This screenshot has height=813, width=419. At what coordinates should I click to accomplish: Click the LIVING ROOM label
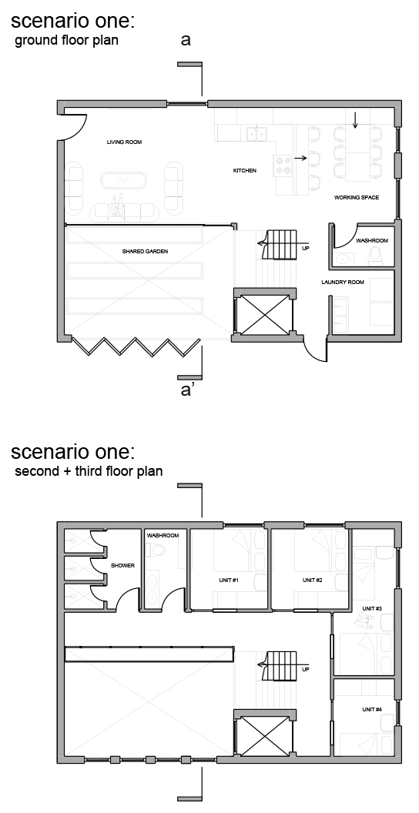point(125,142)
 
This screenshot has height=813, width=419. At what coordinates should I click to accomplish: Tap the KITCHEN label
point(245,171)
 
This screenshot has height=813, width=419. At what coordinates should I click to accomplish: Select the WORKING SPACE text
point(357,198)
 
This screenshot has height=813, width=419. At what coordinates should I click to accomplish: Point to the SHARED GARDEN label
point(146,252)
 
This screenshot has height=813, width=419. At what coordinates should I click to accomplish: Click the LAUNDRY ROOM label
point(342,283)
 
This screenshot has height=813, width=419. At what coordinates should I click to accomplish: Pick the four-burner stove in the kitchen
point(283,165)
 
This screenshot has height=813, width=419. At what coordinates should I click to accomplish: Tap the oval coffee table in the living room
point(123,181)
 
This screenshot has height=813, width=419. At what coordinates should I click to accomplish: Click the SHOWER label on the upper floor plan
point(123,566)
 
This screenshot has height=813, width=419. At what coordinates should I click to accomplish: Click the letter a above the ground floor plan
point(186,40)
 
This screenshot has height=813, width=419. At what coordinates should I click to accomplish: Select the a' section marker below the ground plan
point(186,390)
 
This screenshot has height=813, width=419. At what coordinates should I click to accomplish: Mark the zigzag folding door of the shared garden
point(136,347)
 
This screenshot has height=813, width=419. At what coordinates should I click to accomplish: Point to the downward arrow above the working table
point(355,120)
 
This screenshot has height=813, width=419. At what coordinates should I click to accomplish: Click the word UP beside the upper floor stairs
point(306,669)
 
